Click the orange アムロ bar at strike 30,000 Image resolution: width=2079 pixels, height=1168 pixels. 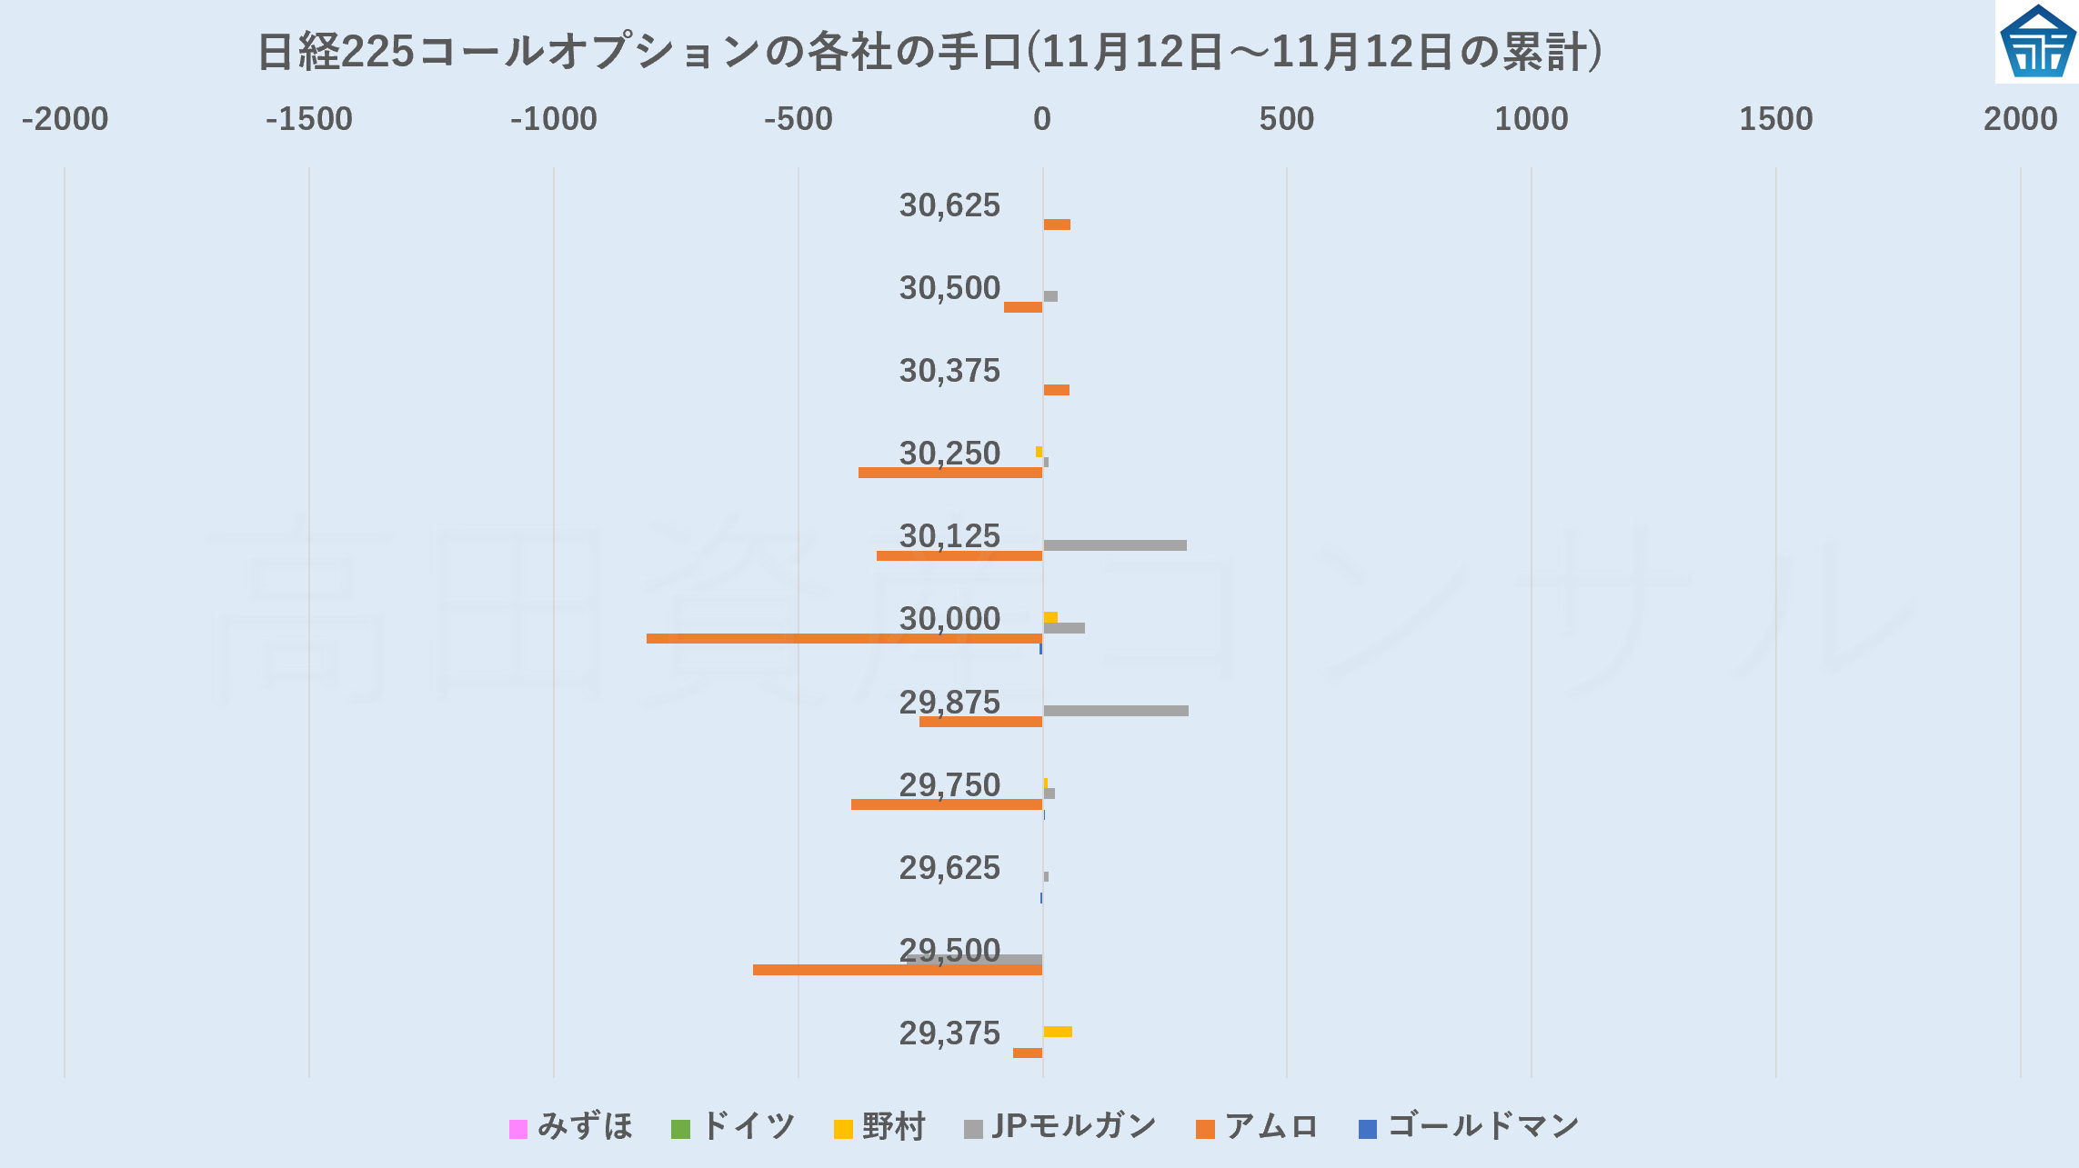tap(844, 638)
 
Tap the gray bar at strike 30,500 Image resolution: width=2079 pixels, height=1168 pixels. tap(1050, 296)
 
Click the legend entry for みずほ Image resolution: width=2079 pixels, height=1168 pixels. tap(571, 1127)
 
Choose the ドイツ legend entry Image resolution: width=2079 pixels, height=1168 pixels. tap(733, 1127)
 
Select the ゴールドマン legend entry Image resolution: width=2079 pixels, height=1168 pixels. tap(1469, 1127)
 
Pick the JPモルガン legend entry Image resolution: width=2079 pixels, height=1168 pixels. tap(1060, 1127)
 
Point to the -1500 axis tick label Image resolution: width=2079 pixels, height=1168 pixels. tap(308, 119)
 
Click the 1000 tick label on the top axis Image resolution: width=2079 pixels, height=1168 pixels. tap(1532, 119)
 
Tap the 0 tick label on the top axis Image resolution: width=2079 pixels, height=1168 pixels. tap(1042, 119)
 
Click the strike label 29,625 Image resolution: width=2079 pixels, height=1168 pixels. tap(949, 868)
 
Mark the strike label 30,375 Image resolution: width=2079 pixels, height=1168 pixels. tap(949, 371)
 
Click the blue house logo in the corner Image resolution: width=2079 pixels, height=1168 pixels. tap(2037, 42)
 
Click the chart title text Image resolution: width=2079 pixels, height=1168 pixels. tap(929, 51)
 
